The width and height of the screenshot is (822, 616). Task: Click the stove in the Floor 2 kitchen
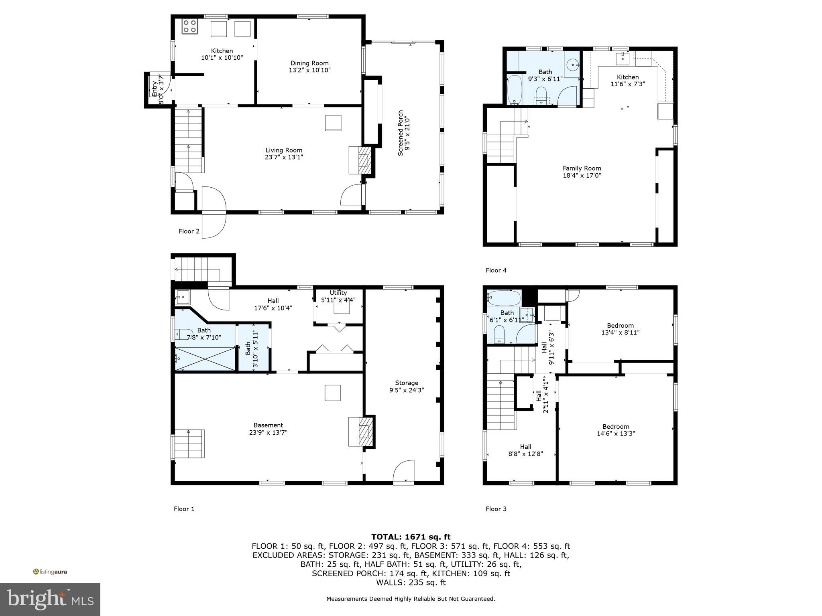click(x=189, y=27)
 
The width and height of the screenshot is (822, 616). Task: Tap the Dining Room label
click(x=309, y=63)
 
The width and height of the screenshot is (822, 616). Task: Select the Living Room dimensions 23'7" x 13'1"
click(x=284, y=157)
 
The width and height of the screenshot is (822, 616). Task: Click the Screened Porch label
click(x=401, y=133)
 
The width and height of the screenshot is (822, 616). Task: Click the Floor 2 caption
click(x=189, y=231)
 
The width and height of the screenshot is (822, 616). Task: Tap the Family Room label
click(x=582, y=168)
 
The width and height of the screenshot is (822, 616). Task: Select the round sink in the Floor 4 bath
click(x=573, y=63)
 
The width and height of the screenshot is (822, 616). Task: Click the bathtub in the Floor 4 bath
click(x=514, y=89)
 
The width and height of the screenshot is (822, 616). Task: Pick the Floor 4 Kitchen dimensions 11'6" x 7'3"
click(x=628, y=84)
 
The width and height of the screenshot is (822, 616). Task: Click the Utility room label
click(x=338, y=293)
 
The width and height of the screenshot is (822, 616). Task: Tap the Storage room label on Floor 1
click(x=406, y=383)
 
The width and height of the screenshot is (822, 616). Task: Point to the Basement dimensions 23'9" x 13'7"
click(x=268, y=432)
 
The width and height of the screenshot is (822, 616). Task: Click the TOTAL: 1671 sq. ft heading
click(x=411, y=537)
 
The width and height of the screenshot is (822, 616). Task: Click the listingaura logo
click(x=50, y=572)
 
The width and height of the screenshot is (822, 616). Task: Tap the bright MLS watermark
click(x=50, y=599)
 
